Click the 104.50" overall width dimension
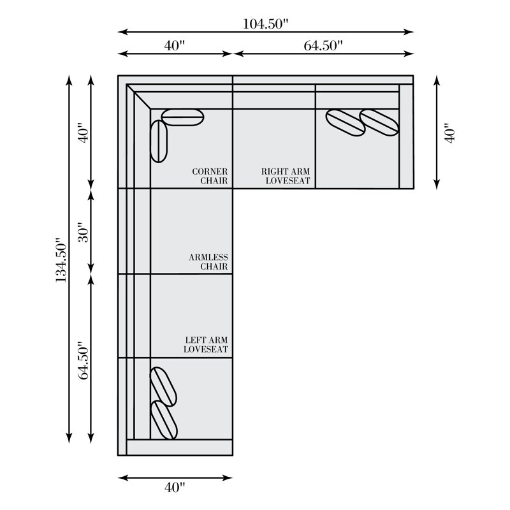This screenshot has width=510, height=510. click(266, 24)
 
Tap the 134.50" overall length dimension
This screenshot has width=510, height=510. click(61, 260)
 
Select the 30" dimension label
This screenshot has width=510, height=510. click(84, 232)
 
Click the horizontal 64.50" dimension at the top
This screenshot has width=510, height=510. click(323, 45)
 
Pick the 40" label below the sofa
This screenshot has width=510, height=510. click(175, 487)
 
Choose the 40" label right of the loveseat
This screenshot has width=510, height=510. click(450, 133)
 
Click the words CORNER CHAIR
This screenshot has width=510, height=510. click(210, 176)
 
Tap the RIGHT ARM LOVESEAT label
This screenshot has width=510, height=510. click(286, 176)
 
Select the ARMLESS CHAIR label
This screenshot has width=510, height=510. click(208, 262)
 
